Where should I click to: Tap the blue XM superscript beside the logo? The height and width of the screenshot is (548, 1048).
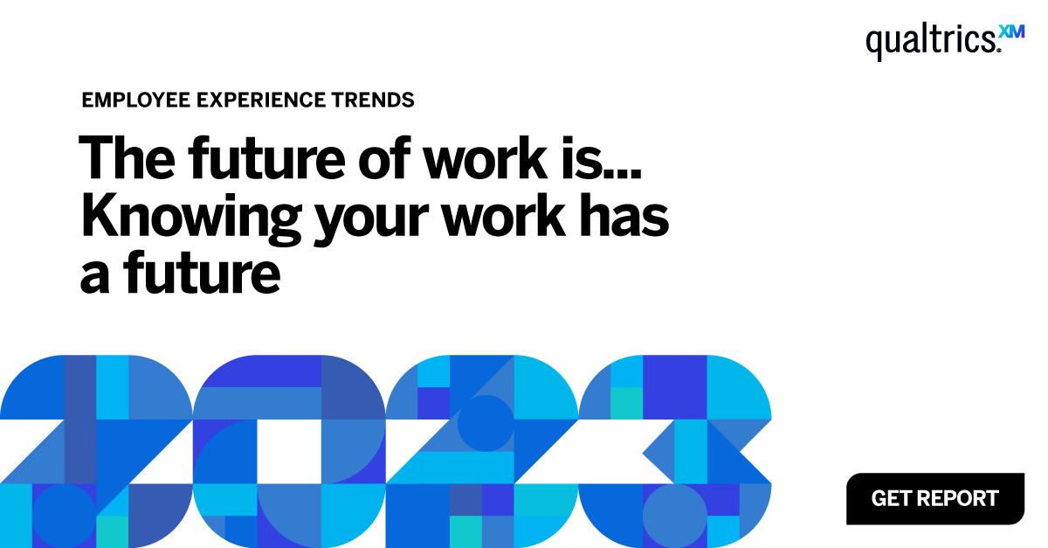tap(1011, 31)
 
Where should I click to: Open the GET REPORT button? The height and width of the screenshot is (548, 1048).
tap(934, 499)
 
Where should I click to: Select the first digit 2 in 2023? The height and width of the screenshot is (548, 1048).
tap(96, 451)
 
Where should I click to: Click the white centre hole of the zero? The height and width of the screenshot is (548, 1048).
tap(288, 451)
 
